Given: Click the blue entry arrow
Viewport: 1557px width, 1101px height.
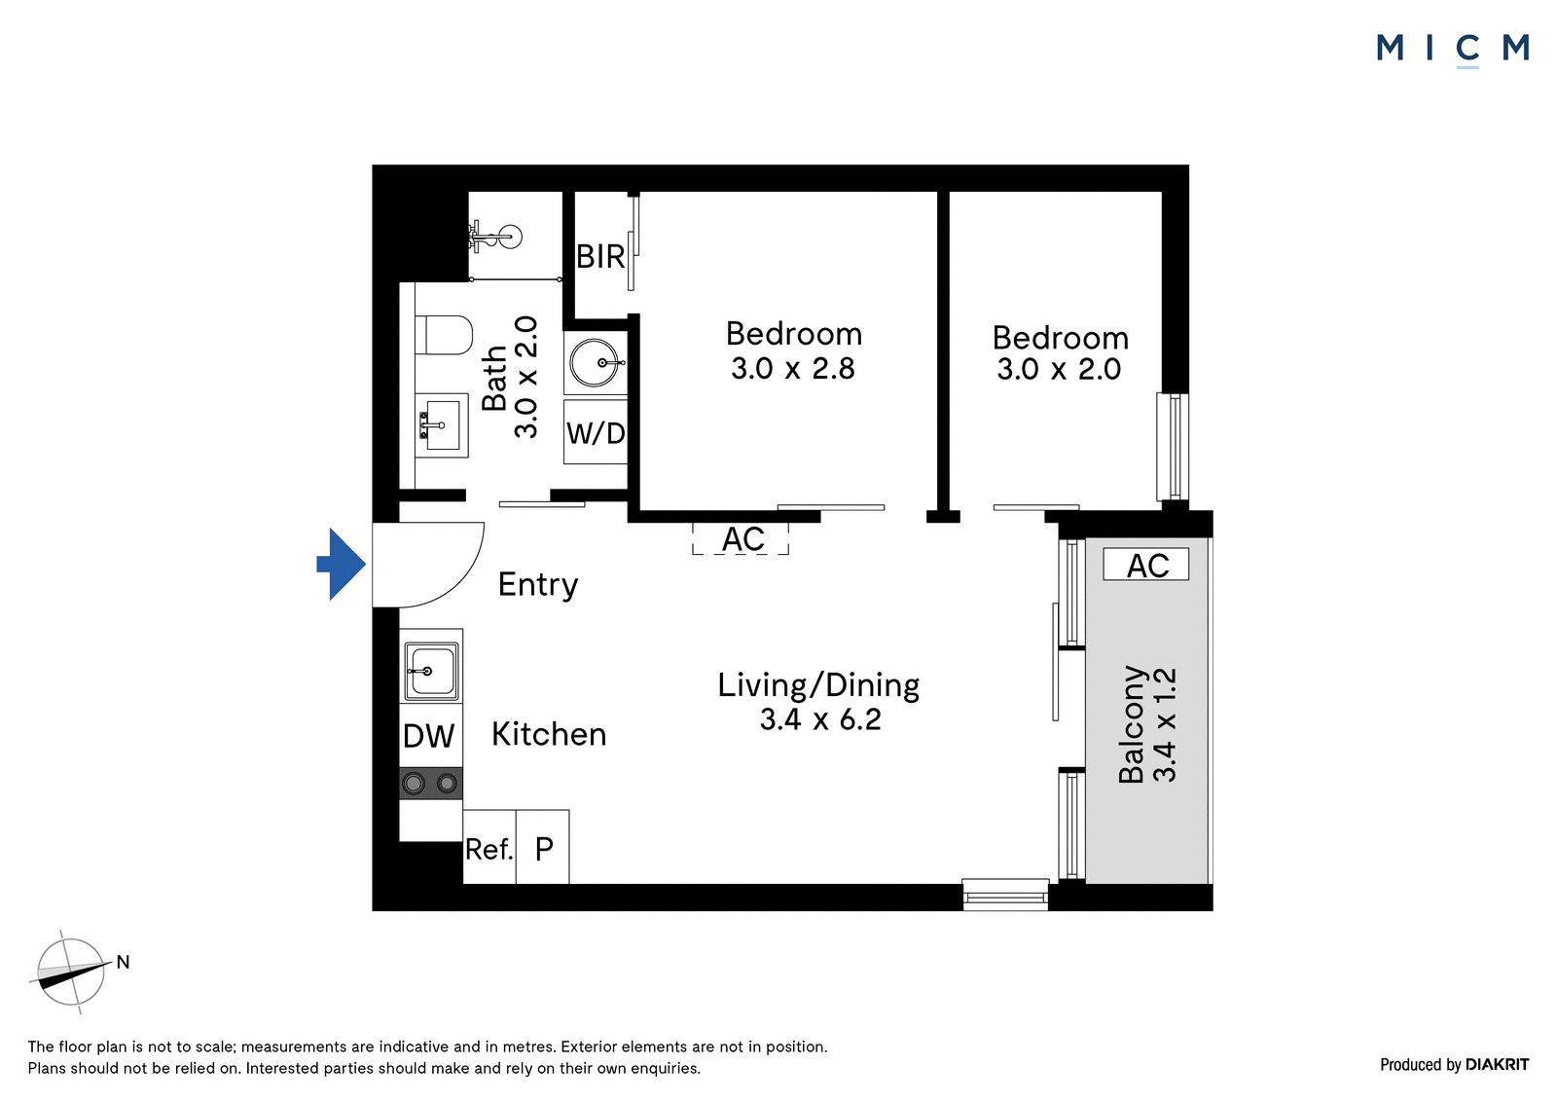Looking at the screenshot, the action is pos(342,564).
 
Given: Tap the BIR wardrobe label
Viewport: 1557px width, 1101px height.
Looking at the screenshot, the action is pos(600,257).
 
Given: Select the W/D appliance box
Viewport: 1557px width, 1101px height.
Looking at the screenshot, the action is pos(596,432).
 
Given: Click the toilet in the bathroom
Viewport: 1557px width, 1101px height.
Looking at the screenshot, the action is pos(444,335).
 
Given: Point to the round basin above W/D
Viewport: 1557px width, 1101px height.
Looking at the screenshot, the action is pos(596,362).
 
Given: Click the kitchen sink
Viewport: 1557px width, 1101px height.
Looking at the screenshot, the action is pos(431,671).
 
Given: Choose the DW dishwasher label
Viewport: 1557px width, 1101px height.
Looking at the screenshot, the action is pos(429,736).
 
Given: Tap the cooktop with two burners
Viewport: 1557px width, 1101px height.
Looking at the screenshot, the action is pos(431,784).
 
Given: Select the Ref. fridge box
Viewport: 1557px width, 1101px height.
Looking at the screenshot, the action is pos(489,847).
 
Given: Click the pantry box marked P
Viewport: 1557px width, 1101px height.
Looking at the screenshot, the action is pos(543,847).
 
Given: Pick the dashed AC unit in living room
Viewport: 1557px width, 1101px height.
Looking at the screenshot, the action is pos(741,539).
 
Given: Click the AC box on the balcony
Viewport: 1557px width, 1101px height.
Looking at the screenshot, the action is pos(1146,565).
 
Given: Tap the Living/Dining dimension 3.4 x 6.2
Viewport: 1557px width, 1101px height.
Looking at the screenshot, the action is pos(820,719).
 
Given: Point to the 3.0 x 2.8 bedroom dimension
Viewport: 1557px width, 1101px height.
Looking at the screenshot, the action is pos(793,369).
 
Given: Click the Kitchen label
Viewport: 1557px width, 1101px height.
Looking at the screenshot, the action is pos(549,734).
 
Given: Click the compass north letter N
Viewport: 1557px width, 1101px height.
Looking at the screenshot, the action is pos(123,962).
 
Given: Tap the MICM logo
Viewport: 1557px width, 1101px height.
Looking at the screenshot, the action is pos(1453,49).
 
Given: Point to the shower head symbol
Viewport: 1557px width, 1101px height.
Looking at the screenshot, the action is pos(496,237).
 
